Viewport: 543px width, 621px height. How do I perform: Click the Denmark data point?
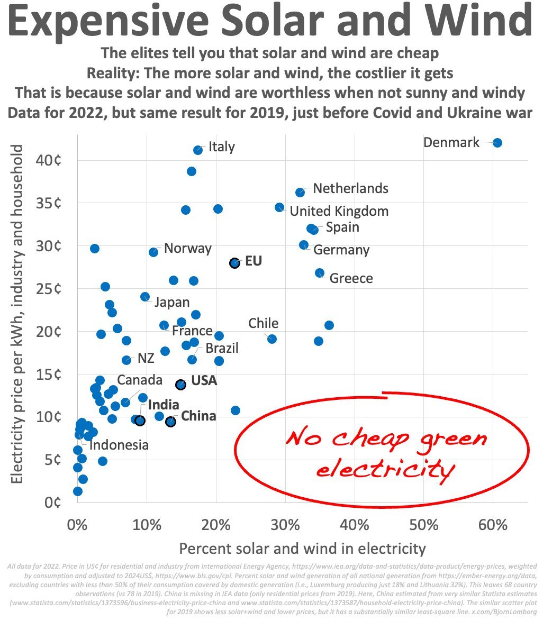click(497, 143)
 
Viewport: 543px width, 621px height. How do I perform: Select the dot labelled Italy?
click(198, 150)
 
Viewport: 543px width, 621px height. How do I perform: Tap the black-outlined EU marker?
click(234, 263)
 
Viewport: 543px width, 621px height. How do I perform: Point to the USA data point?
click(180, 385)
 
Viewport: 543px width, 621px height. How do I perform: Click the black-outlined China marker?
click(170, 422)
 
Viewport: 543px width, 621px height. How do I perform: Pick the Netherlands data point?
click(300, 193)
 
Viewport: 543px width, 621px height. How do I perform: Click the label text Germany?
click(341, 250)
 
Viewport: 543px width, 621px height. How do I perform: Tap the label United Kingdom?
click(339, 212)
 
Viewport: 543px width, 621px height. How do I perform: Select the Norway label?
click(187, 248)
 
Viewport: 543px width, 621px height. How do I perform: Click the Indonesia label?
click(119, 445)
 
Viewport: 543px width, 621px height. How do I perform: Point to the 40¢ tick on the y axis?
click(49, 160)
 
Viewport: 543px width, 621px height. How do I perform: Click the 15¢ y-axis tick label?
click(49, 375)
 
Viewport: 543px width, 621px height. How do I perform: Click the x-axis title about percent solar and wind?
click(302, 548)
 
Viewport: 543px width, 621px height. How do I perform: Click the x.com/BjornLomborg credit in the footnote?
click(509, 611)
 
